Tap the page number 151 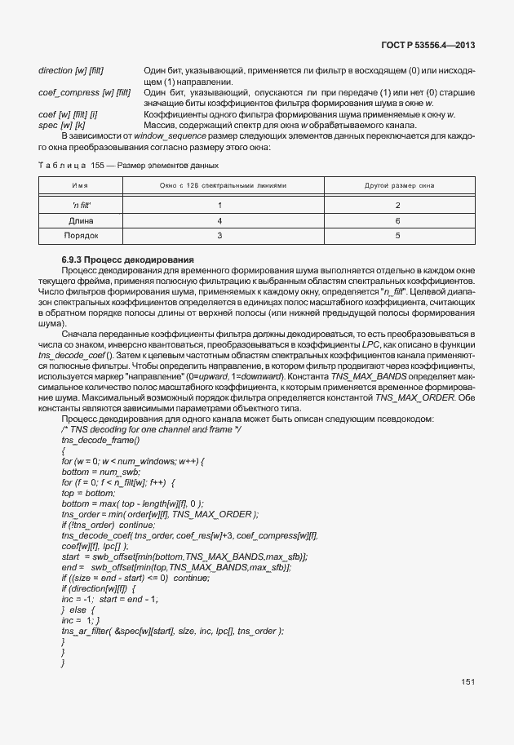pyautogui.click(x=467, y=682)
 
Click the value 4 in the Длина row pyautogui.click(x=219, y=220)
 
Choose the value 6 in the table pyautogui.click(x=397, y=220)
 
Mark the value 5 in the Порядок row pyautogui.click(x=397, y=236)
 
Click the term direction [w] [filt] pyautogui.click(x=71, y=71)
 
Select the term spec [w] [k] pyautogui.click(x=61, y=125)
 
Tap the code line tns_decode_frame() pyautogui.click(x=95, y=440)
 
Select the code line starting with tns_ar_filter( pyautogui.click(x=172, y=631)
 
